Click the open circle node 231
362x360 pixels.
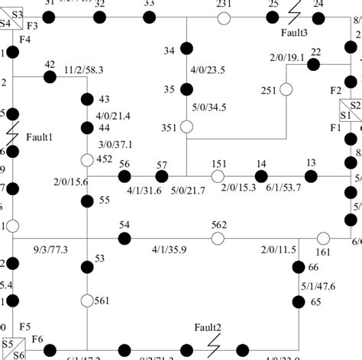pos(224,17)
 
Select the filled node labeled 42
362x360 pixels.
pos(50,77)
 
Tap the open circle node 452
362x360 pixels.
pos(87,160)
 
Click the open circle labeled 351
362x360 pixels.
pos(186,127)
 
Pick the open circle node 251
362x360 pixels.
pos(286,90)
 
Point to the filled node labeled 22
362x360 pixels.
pos(313,64)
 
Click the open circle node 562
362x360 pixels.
pos(218,239)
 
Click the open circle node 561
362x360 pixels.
pos(87,301)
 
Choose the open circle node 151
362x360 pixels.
pos(218,176)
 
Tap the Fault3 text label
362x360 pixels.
pos(295,34)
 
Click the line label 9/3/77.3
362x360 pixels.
pos(51,250)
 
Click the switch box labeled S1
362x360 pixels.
pos(344,116)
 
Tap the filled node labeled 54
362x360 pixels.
pos(124,239)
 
